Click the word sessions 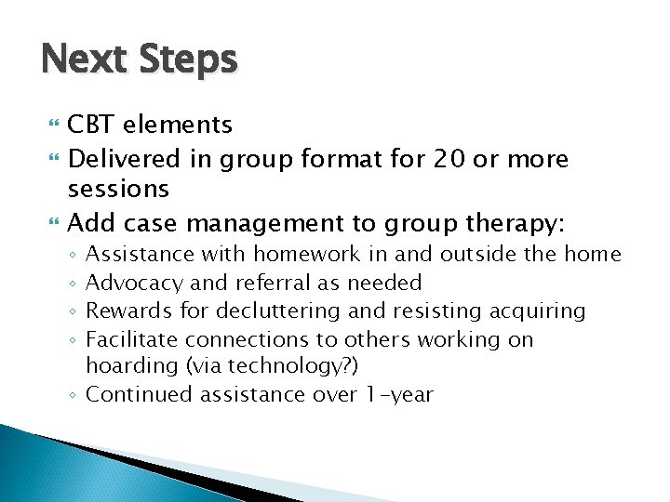tap(118, 190)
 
